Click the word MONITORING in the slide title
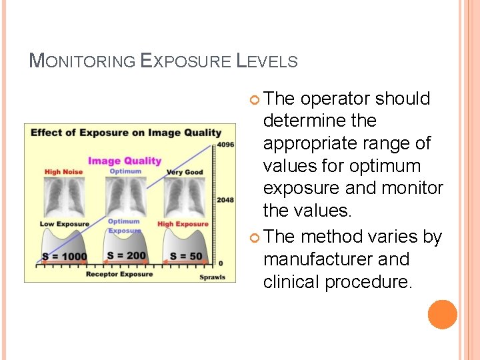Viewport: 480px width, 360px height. point(81,61)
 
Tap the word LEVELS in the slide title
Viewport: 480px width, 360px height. point(267,61)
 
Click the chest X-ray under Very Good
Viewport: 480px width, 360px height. point(184,197)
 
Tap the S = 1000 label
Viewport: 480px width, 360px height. point(65,257)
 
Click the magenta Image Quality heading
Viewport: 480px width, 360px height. point(125,161)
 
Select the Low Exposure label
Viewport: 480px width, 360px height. point(64,224)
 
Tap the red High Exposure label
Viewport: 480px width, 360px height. point(183,224)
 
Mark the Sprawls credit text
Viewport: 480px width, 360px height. point(213,277)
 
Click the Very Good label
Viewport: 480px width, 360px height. point(185,172)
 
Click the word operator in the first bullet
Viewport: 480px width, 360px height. point(335,99)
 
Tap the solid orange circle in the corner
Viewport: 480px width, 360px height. point(443,314)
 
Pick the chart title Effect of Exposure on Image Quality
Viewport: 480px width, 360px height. point(125,132)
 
